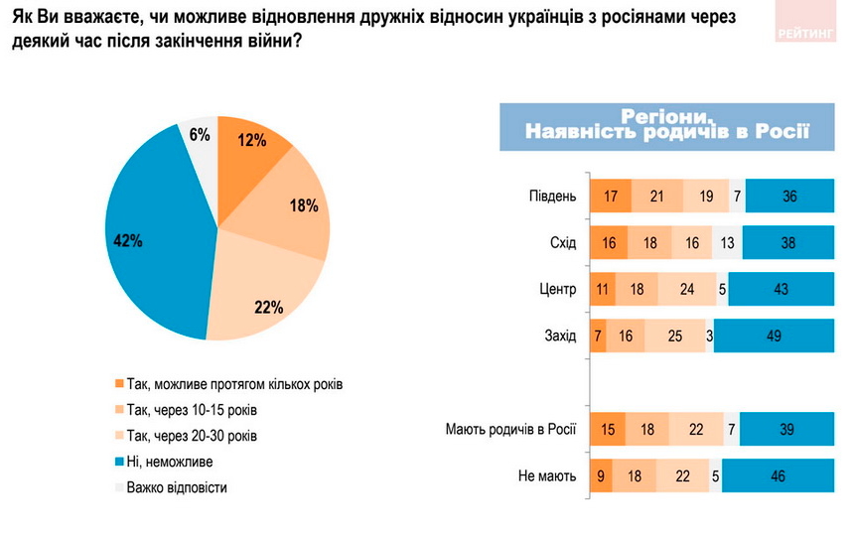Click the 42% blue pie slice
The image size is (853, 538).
149,243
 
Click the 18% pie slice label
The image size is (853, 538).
302,206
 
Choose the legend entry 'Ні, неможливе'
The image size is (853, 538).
171,461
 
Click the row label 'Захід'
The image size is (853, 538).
558,336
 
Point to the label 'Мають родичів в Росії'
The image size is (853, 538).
512,429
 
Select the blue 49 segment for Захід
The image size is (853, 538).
774,336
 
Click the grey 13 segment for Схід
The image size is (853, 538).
728,242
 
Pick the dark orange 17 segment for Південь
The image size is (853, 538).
610,196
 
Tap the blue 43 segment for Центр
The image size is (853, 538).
782,290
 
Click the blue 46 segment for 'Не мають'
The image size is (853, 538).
778,475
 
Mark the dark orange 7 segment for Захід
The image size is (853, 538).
598,336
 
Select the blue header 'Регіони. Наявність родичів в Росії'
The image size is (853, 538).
666,125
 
